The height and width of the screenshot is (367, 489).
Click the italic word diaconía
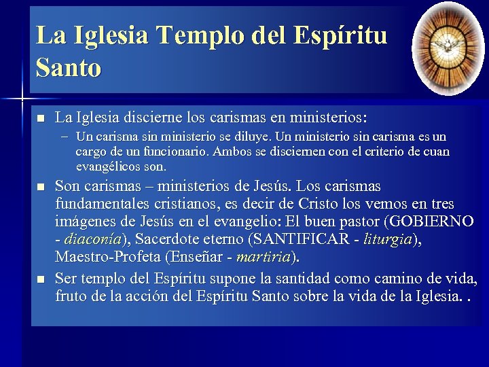[92, 239]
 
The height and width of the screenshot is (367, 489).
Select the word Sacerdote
[169, 239]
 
